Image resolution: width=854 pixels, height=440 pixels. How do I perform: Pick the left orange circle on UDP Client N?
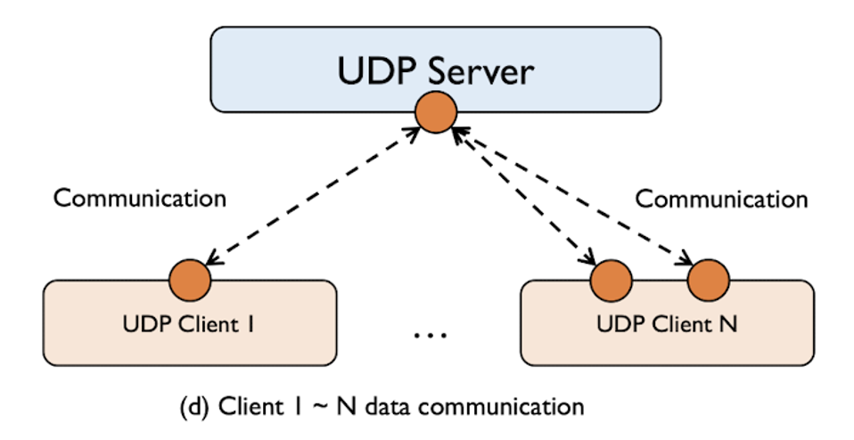[612, 281]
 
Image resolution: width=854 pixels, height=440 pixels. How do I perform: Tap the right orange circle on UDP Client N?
[709, 281]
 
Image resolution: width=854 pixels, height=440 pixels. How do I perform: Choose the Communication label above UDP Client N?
[720, 198]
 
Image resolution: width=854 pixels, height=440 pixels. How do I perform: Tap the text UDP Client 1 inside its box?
[190, 324]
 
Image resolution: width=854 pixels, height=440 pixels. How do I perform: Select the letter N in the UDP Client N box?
[728, 324]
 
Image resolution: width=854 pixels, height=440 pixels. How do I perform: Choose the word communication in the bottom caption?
[505, 407]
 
